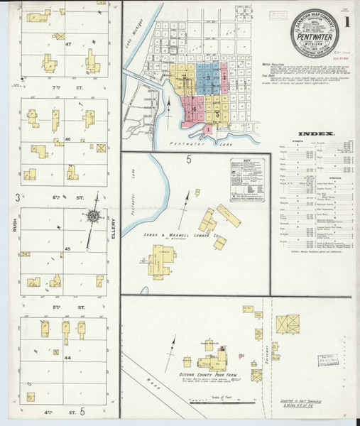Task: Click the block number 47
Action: (x=69, y=44)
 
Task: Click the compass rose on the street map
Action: (x=93, y=216)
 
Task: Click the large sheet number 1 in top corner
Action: (x=347, y=20)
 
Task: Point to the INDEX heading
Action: (x=312, y=133)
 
